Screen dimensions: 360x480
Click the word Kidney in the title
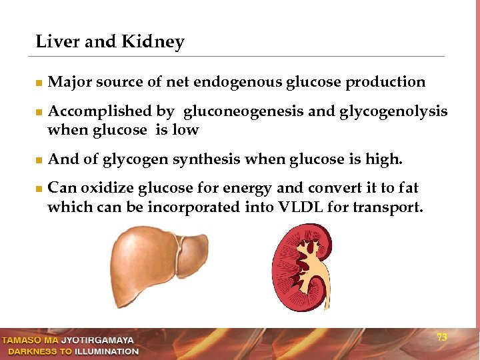[153, 43]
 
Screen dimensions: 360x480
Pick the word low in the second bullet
[185, 130]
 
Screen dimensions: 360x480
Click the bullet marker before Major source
[39, 83]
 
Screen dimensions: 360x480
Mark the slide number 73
[441, 337]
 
